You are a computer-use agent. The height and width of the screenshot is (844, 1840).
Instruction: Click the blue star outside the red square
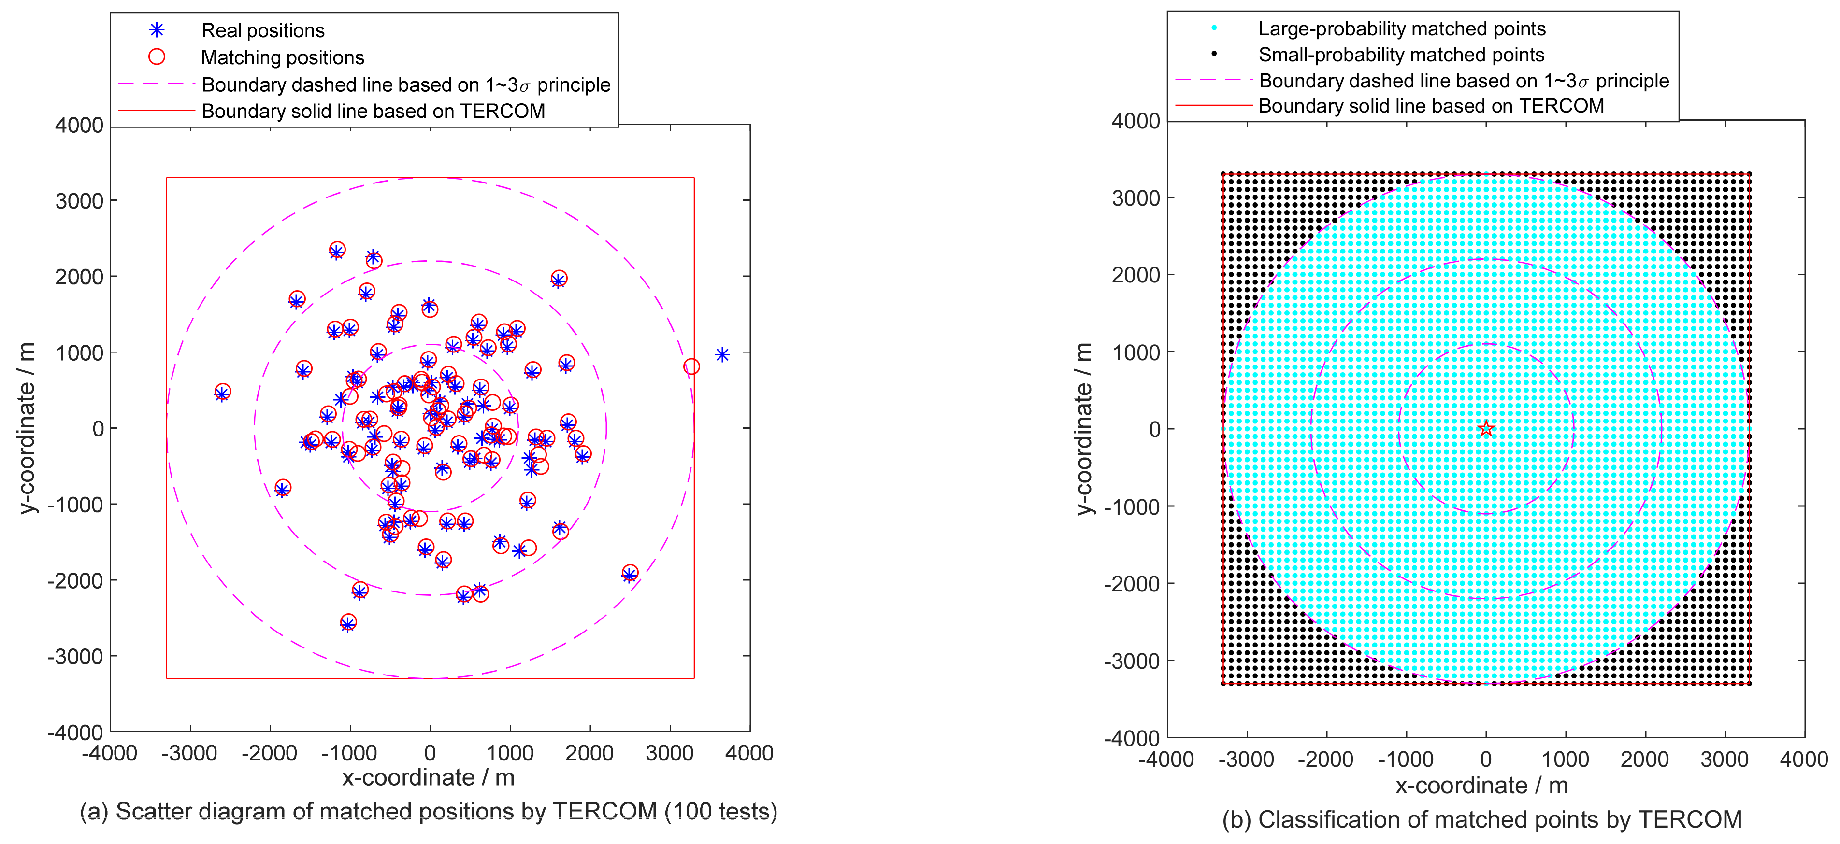tap(722, 354)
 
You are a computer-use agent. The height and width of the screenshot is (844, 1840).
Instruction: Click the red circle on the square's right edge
tap(690, 366)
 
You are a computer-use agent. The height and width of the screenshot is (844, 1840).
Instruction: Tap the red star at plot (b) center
tap(1486, 428)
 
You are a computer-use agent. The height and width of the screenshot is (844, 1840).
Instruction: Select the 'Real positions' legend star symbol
tap(157, 30)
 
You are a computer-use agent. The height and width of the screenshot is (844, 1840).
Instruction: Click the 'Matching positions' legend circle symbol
tap(157, 56)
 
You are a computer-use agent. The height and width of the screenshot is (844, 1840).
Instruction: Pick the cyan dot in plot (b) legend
tap(1214, 28)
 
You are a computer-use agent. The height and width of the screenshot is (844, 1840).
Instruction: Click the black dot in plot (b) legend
tap(1214, 54)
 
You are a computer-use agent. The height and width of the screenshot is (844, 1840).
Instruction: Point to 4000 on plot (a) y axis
tap(79, 125)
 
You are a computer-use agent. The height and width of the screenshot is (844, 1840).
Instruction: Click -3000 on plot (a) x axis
tap(189, 753)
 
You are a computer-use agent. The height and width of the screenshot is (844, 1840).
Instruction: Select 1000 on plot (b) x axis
tap(1565, 759)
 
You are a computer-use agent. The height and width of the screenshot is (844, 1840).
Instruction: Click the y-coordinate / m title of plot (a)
tap(27, 428)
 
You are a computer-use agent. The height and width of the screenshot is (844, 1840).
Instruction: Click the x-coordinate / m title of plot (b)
tap(1481, 786)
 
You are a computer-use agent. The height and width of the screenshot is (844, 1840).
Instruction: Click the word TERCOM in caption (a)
tap(605, 812)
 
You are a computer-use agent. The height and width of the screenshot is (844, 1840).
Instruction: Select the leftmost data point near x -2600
tap(222, 392)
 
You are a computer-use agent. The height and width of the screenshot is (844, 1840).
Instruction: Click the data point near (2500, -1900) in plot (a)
tap(629, 574)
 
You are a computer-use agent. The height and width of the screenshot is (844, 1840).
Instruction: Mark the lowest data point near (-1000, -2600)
tap(348, 623)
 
